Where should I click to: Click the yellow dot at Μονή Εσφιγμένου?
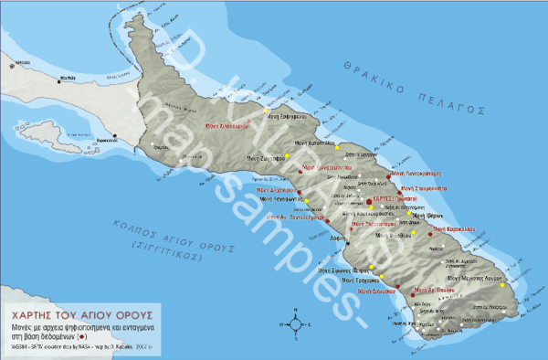[x=266, y=111]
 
